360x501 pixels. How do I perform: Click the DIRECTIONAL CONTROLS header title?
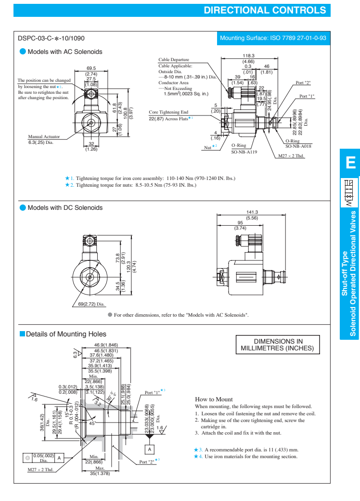[x=265, y=10]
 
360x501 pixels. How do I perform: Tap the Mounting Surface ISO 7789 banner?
[x=273, y=38]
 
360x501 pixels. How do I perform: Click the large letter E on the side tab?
[x=349, y=164]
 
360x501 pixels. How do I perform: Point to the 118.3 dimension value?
[x=248, y=56]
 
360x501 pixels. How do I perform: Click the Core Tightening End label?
[x=168, y=112]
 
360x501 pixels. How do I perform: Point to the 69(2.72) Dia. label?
[x=91, y=304]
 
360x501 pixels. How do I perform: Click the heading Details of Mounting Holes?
[x=66, y=334]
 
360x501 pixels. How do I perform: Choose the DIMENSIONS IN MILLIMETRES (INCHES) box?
[x=277, y=344]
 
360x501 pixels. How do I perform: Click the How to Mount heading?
[x=214, y=399]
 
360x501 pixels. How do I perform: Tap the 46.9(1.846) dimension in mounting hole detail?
[x=106, y=345]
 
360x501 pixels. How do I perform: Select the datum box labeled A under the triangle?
[x=150, y=449]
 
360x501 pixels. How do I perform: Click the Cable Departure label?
[x=174, y=60]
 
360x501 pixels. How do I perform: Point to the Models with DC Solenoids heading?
[x=65, y=207]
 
